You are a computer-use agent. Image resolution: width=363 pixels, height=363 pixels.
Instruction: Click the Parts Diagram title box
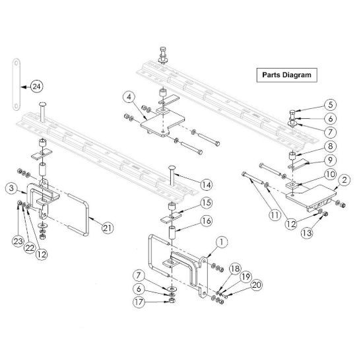tap(286, 75)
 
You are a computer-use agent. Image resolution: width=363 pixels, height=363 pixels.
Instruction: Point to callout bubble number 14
tap(206, 184)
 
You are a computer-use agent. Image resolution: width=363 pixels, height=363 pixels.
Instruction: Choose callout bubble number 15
tap(206, 203)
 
